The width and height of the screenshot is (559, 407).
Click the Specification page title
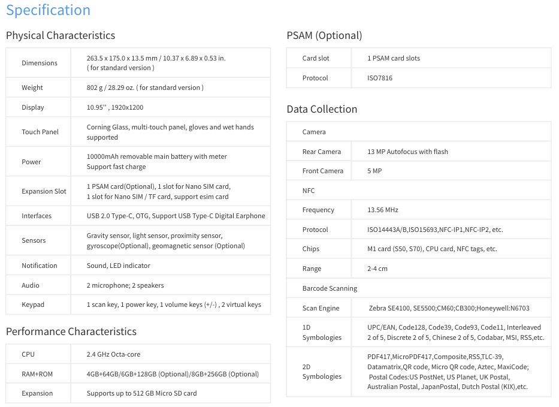click(x=48, y=10)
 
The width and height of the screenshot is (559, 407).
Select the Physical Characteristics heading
click(x=61, y=35)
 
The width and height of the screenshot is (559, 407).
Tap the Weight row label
click(x=32, y=88)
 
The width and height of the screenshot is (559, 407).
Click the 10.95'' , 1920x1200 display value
click(x=115, y=107)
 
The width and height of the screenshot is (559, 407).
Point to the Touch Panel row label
click(x=40, y=132)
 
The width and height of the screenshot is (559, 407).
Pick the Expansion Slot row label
click(x=44, y=191)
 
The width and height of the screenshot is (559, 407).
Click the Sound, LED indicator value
click(x=119, y=266)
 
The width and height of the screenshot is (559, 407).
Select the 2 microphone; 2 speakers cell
click(x=125, y=285)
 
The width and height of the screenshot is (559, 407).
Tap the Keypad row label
click(x=33, y=305)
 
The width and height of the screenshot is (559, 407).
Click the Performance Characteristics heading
click(x=71, y=331)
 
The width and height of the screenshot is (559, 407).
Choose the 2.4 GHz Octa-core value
click(x=113, y=354)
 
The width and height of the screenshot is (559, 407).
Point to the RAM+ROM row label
click(x=37, y=374)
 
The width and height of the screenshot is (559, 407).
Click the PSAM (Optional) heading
click(x=324, y=35)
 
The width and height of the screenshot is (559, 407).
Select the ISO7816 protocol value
click(x=380, y=78)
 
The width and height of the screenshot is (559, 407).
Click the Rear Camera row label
click(x=322, y=152)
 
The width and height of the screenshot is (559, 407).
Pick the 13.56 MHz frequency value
click(x=383, y=210)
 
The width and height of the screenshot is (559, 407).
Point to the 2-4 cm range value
click(x=377, y=269)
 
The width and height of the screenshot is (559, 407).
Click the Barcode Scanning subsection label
click(x=330, y=288)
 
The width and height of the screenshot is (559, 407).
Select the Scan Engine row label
click(x=321, y=308)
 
